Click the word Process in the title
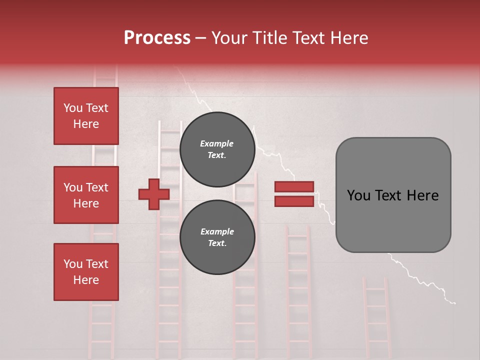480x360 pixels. (157, 38)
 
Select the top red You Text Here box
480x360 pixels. (86, 116)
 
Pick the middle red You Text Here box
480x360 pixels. (86, 195)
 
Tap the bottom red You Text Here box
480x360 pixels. (86, 272)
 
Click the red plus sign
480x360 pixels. (154, 194)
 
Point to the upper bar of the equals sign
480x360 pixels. (294, 187)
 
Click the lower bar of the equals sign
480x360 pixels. (294, 201)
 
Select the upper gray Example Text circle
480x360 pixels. (217, 149)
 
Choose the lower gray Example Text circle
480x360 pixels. (217, 237)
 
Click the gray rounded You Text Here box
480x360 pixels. (393, 195)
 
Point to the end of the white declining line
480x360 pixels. (454, 302)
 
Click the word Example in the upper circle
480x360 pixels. (217, 143)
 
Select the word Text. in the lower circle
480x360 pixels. (217, 243)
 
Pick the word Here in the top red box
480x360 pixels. (86, 124)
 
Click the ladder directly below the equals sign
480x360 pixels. (298, 290)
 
